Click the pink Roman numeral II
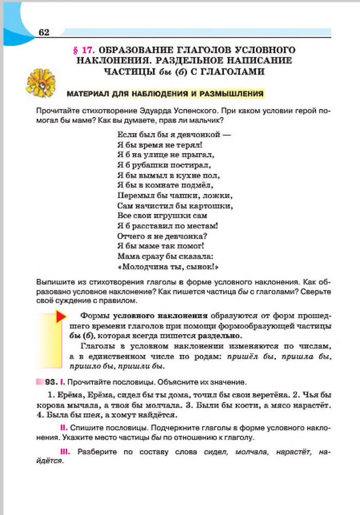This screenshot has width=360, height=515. point(61,428)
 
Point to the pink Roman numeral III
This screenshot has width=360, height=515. point(64,451)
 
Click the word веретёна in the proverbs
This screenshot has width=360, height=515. point(256,395)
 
